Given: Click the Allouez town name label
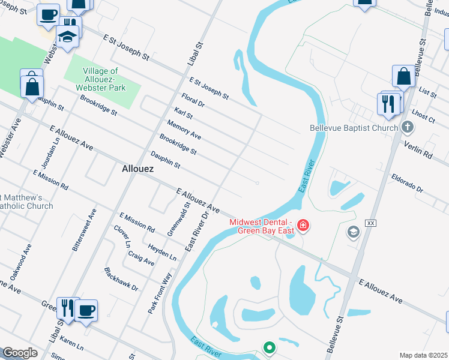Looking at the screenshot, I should [x=137, y=169].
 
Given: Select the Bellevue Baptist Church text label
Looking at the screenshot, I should [x=354, y=128].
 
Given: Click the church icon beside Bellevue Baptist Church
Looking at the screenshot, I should [x=408, y=127].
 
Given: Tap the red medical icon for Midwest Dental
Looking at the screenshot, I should [x=303, y=226].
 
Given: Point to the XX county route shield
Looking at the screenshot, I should [x=370, y=223].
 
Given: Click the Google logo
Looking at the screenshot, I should [x=20, y=353].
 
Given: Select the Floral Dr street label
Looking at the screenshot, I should [x=193, y=100].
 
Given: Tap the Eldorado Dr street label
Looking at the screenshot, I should [x=408, y=184].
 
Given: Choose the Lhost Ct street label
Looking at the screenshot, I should [x=424, y=115].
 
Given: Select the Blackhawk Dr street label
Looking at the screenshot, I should [x=121, y=280].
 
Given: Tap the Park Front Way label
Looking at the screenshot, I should [x=160, y=293].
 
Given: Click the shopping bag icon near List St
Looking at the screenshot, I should [x=404, y=76].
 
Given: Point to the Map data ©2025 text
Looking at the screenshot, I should [x=423, y=355].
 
